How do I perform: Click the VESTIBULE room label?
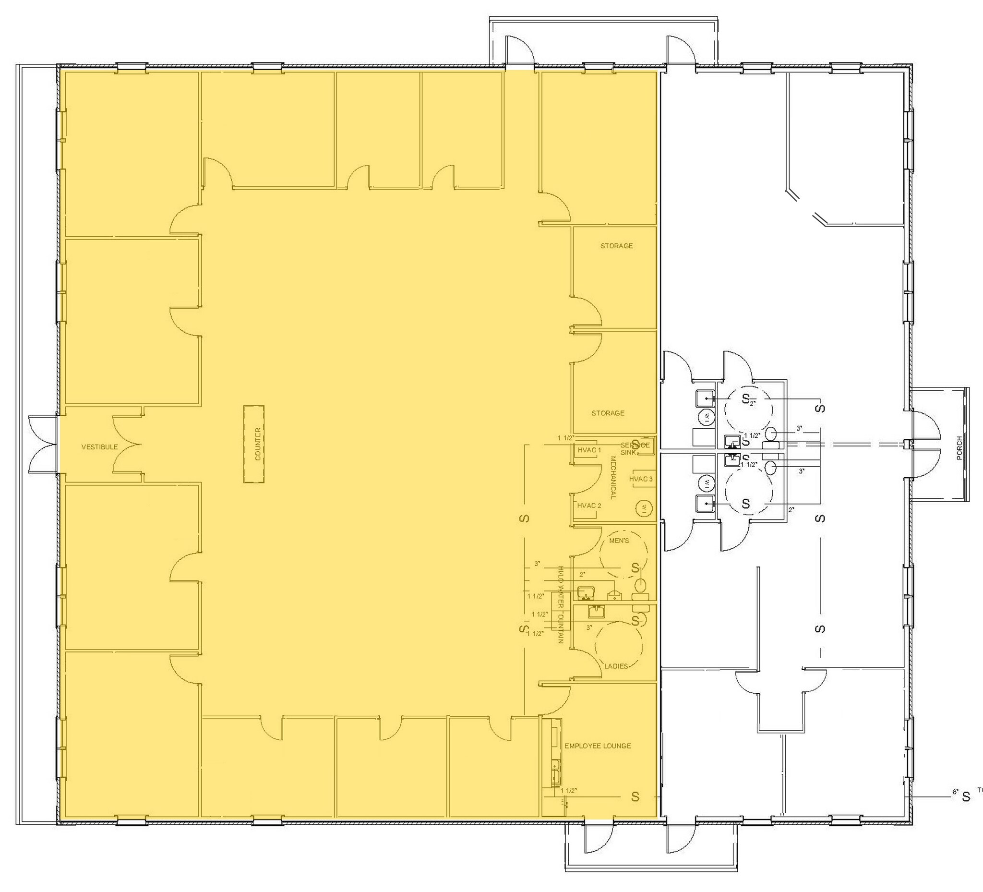point(99,447)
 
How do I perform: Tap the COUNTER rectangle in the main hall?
point(254,444)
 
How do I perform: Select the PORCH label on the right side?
point(959,448)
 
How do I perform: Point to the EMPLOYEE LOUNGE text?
point(597,746)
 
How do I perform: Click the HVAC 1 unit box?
point(589,450)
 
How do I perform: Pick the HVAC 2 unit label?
point(589,506)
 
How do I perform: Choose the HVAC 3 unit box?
point(641,479)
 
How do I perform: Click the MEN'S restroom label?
point(619,541)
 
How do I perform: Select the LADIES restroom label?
point(616,666)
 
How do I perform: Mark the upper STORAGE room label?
point(616,246)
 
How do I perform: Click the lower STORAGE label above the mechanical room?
point(608,413)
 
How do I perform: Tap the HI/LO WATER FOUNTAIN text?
point(561,605)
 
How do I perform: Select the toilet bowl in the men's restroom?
point(640,584)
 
